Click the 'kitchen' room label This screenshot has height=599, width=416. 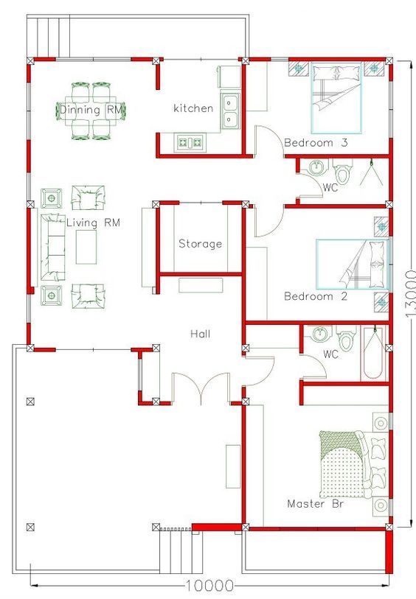[193, 108]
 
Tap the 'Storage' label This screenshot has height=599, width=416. [200, 244]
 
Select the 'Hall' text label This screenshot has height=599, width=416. [200, 334]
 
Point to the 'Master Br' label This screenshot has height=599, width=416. [315, 503]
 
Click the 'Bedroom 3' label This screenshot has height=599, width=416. [316, 143]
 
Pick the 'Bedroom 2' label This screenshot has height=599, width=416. [316, 296]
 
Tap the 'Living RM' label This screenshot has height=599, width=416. [93, 223]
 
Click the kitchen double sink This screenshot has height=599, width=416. [230, 111]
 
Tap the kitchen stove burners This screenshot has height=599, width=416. [190, 142]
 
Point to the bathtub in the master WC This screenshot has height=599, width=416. [373, 354]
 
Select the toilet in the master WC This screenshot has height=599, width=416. [347, 338]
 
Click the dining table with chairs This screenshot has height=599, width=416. [91, 111]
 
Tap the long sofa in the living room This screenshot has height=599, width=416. [52, 247]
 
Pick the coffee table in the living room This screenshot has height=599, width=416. [86, 247]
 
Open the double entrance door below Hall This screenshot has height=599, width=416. [201, 388]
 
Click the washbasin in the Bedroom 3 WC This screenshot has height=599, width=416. [316, 167]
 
